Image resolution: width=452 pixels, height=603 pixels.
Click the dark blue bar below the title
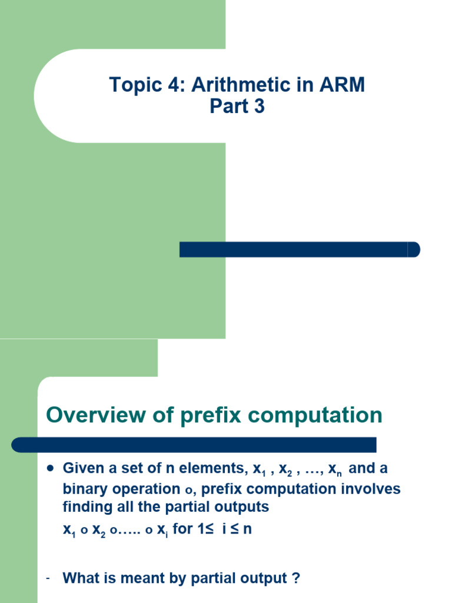(x=299, y=249)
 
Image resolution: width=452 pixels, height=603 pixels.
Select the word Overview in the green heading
(x=95, y=415)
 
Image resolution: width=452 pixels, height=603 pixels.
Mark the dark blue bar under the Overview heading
(x=194, y=445)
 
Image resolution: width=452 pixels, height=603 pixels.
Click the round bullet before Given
(x=50, y=469)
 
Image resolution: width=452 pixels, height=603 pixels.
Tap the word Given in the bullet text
(x=80, y=469)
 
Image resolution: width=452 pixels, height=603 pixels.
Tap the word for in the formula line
(x=184, y=528)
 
